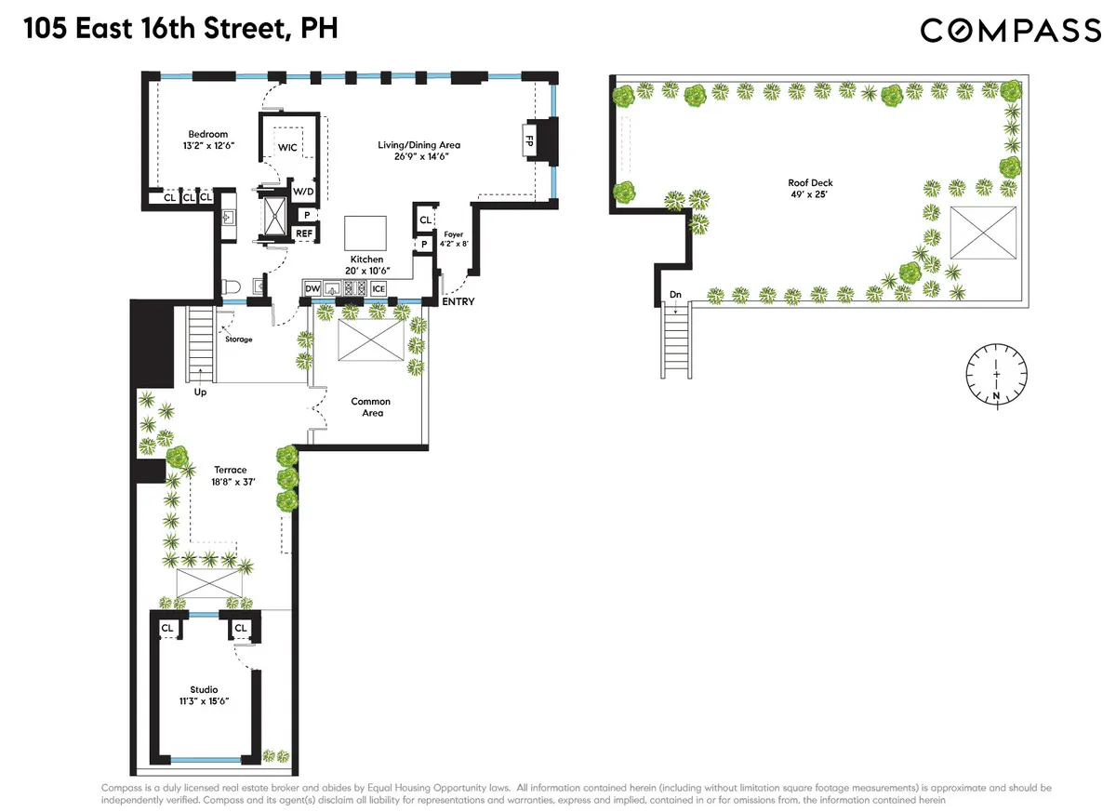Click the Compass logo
point(1011,31)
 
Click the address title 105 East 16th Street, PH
point(180,30)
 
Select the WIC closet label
point(287,149)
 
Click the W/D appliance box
point(304,192)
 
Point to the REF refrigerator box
point(304,233)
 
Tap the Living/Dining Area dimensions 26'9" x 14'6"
point(418,157)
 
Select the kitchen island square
point(365,230)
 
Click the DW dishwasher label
point(312,290)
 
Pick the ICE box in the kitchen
point(378,290)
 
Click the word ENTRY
point(458,302)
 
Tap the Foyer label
point(453,235)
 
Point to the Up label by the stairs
point(200,392)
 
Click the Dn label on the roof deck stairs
point(675,296)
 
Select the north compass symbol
point(996,375)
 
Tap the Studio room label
point(204,689)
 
